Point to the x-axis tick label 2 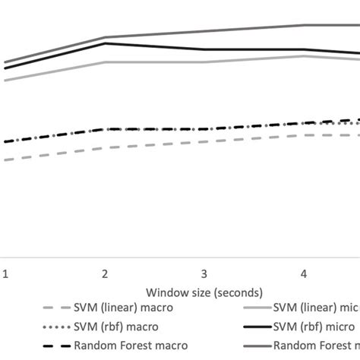coord(104,273)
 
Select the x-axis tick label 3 coord(204,273)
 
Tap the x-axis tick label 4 coord(303,273)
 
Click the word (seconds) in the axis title coord(235,292)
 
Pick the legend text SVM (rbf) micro coord(314,327)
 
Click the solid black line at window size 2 coord(104,43)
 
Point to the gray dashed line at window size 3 coord(204,142)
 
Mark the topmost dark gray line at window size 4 coord(303,25)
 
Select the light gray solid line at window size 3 coord(204,62)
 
